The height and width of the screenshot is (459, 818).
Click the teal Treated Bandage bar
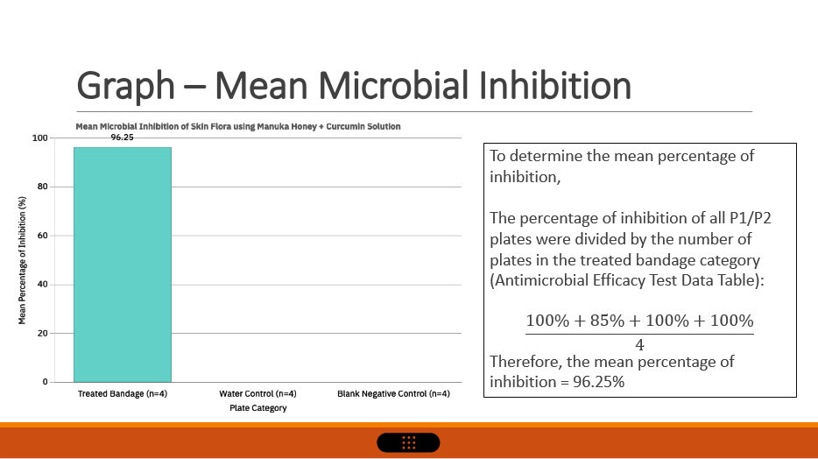[x=123, y=265]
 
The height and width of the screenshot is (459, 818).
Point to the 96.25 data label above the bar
[x=122, y=138]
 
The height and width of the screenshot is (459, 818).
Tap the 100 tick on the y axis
[x=39, y=138]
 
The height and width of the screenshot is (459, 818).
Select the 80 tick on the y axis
[x=43, y=187]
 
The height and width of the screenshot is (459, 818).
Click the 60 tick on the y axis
[x=43, y=236]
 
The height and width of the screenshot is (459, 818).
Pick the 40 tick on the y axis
[x=43, y=285]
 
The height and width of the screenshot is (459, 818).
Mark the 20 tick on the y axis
[x=43, y=333]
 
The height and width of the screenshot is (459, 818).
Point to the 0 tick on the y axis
[x=46, y=382]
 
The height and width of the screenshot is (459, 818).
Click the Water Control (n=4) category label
[x=257, y=394]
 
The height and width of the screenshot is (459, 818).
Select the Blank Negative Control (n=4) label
[x=393, y=394]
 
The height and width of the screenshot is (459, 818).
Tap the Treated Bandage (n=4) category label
[x=123, y=394]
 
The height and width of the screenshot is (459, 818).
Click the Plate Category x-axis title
[x=258, y=408]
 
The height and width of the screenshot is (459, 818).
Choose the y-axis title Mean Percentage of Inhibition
[x=22, y=260]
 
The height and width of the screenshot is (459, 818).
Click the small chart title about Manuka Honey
[x=238, y=126]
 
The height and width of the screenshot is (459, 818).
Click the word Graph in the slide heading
[x=126, y=86]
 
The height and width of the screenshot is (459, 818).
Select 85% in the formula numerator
[x=607, y=321]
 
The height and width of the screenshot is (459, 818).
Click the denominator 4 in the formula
[x=639, y=345]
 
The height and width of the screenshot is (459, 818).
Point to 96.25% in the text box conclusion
[x=599, y=382]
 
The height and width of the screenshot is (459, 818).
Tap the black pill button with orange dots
[x=408, y=443]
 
